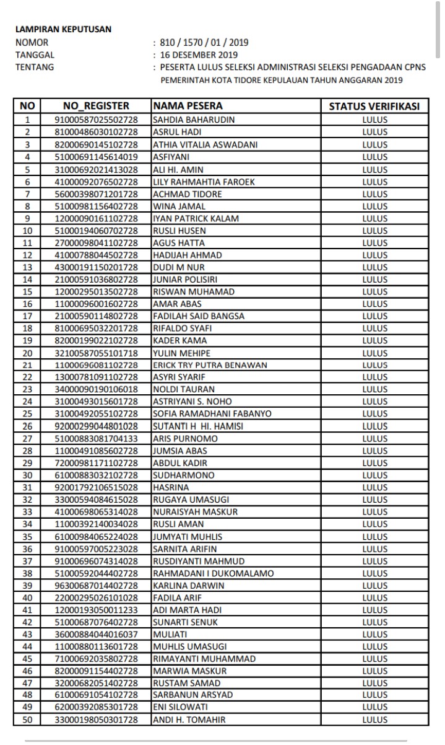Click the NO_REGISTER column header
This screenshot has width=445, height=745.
tap(96, 107)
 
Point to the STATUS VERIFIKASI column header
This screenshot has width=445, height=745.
tap(374, 107)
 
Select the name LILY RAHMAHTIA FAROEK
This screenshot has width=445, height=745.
tap(204, 182)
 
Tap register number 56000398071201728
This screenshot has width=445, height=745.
tap(96, 194)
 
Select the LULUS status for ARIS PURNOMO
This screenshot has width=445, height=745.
tap(374, 438)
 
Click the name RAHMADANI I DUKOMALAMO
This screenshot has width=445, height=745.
tap(213, 573)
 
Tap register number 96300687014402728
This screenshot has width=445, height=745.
tap(96, 585)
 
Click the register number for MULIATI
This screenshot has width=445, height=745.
tap(96, 633)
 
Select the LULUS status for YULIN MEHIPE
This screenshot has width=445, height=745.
tap(374, 353)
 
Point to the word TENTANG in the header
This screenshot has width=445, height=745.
tap(34, 67)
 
